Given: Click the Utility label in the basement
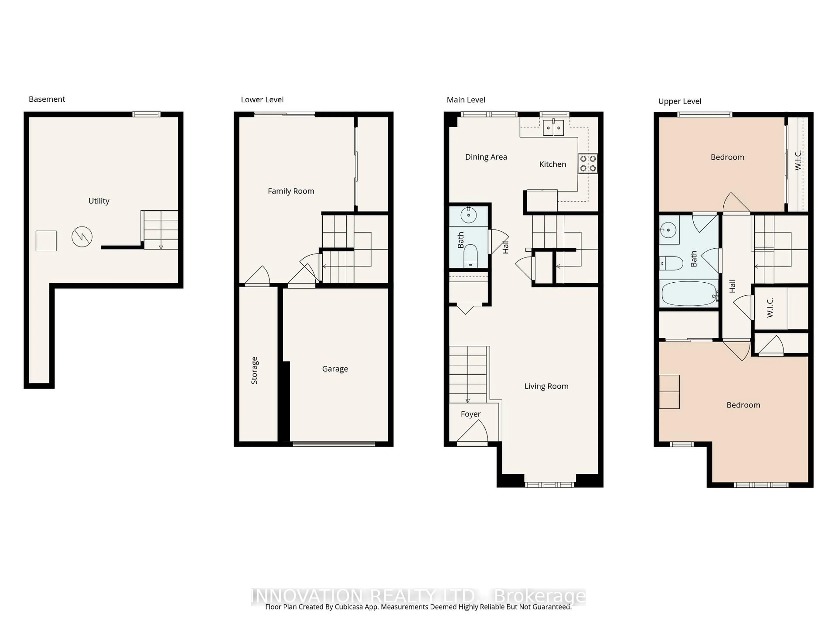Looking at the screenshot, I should pos(99,201).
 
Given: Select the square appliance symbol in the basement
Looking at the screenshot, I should pos(46,241).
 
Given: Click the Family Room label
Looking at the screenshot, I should pos(291,191).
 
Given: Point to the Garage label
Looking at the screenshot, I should pos(335,369).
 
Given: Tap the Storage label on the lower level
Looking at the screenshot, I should pos(254,371).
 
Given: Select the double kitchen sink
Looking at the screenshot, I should pos(553,128).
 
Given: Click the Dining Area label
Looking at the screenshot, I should pos(486,157).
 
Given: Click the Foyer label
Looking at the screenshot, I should pos(471,414).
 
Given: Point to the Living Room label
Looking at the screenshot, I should pos(546,386).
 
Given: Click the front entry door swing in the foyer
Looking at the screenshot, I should pos(473,433).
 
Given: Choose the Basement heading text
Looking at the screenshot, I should pos(47,99).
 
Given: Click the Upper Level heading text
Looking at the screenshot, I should pos(680,101).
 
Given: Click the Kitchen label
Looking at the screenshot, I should pos(553,164).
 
